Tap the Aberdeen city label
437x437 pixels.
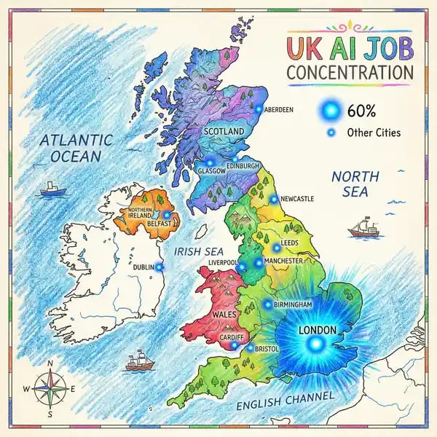click(279, 110)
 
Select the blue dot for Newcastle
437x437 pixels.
click(274, 199)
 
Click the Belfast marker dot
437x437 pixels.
click(166, 215)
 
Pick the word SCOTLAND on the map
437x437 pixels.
click(224, 132)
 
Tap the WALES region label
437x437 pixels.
click(224, 314)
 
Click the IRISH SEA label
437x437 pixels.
click(199, 251)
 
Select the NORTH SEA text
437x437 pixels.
click(355, 184)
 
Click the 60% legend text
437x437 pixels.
click(362, 111)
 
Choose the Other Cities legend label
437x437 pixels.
click(374, 133)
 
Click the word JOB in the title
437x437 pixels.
click(383, 49)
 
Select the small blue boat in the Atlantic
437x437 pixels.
click(52, 190)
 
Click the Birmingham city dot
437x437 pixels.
click(267, 304)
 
